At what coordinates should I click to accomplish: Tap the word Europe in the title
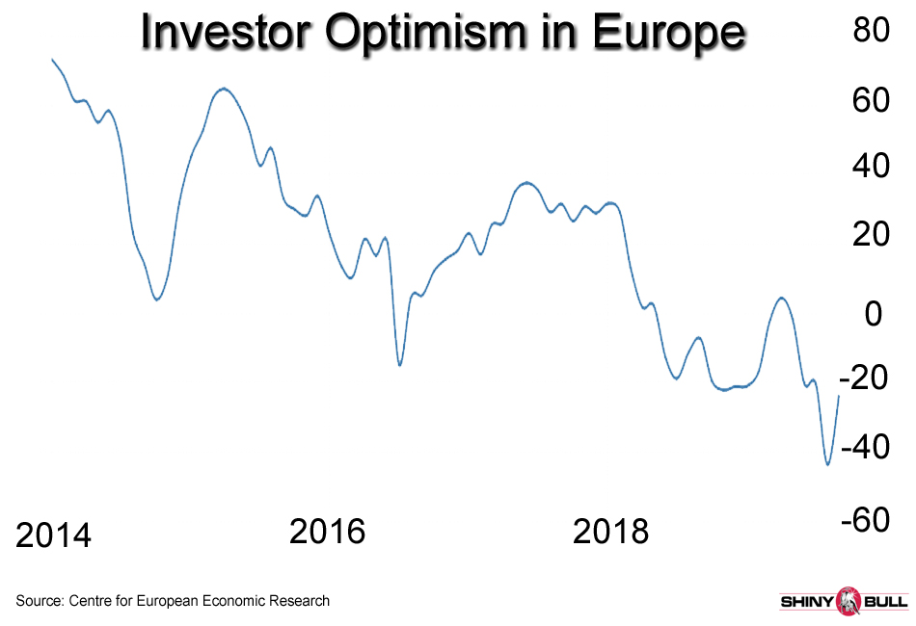669,34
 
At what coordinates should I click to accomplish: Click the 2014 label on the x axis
54,535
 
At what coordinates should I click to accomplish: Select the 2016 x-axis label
328,531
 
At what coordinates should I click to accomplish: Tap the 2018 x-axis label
611,531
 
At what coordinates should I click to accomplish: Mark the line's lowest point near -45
827,465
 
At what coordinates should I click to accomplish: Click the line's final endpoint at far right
839,396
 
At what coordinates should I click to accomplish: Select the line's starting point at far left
51,60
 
